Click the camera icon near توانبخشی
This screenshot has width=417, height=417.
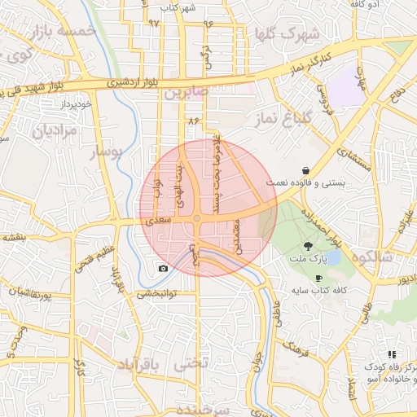[x=163, y=268]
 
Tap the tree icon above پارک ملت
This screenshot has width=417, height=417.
[x=308, y=245]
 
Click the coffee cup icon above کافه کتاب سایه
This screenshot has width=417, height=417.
[x=318, y=278]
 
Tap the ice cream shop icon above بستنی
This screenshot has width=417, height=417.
[x=305, y=171]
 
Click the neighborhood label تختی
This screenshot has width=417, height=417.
[x=192, y=364]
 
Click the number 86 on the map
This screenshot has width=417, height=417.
[x=193, y=121]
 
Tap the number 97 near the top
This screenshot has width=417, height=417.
[x=154, y=23]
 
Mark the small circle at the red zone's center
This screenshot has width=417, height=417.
[x=197, y=218]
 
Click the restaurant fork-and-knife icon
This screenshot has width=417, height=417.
[x=393, y=354]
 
